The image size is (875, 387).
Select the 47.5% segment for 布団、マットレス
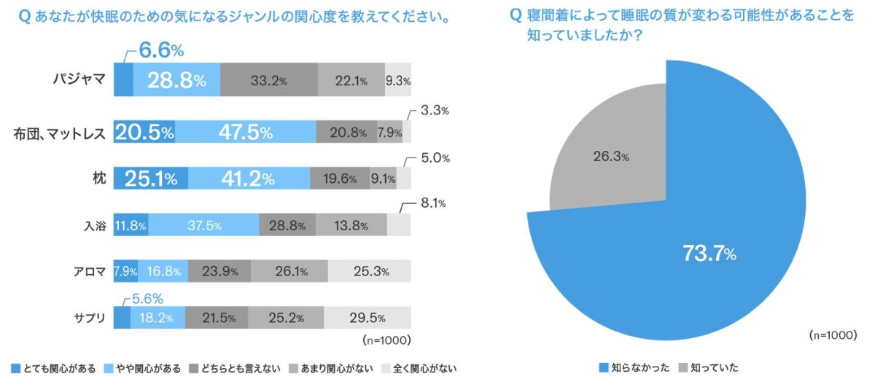[x=245, y=133]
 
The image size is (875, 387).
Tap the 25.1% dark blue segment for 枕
[x=151, y=179]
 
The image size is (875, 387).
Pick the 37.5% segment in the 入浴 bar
[x=203, y=225]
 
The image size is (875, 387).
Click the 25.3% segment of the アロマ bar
[x=369, y=272]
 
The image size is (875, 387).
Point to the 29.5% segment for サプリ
[x=367, y=318]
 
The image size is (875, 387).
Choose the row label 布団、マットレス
[x=61, y=133]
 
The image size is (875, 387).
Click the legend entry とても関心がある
[x=53, y=368]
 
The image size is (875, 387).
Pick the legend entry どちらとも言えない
[x=234, y=368]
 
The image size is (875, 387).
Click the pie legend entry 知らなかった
[x=632, y=367]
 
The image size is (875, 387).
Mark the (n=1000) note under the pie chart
[x=831, y=335]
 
